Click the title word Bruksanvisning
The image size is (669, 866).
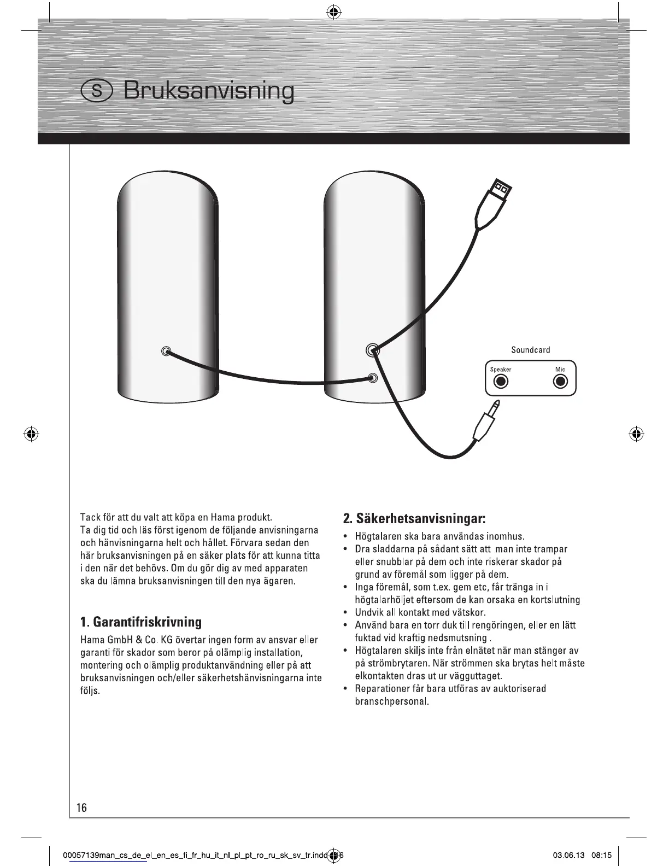tap(209, 91)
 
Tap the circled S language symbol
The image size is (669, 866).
tap(97, 91)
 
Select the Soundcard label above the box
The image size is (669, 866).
tap(530, 350)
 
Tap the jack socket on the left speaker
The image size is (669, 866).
tap(166, 351)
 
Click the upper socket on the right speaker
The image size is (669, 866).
tap(373, 350)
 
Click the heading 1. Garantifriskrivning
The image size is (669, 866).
tap(140, 622)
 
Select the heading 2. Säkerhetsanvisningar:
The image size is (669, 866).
tap(414, 518)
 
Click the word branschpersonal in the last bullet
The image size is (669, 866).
tap(391, 701)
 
